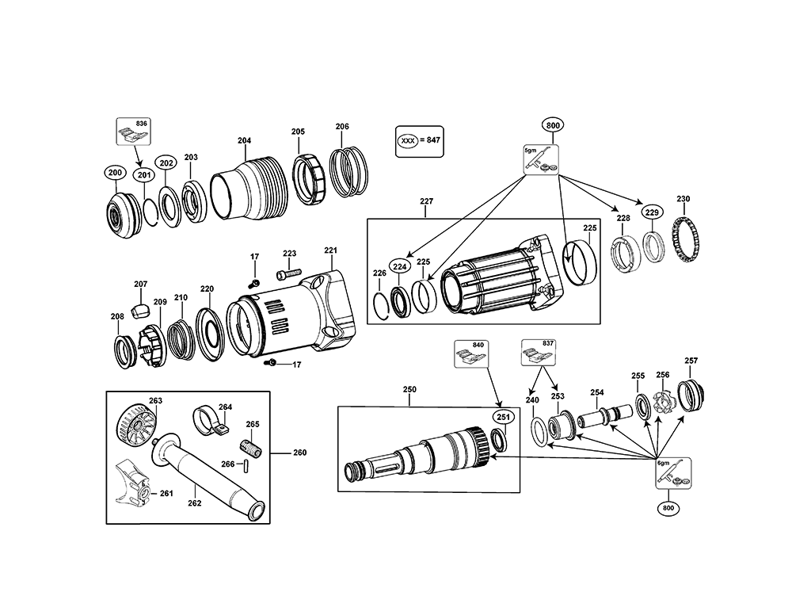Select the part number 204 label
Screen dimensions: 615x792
244,141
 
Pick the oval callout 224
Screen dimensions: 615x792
400,267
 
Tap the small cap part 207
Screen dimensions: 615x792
140,307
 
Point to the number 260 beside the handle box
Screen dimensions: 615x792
299,453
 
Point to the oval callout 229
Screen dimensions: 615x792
651,212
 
